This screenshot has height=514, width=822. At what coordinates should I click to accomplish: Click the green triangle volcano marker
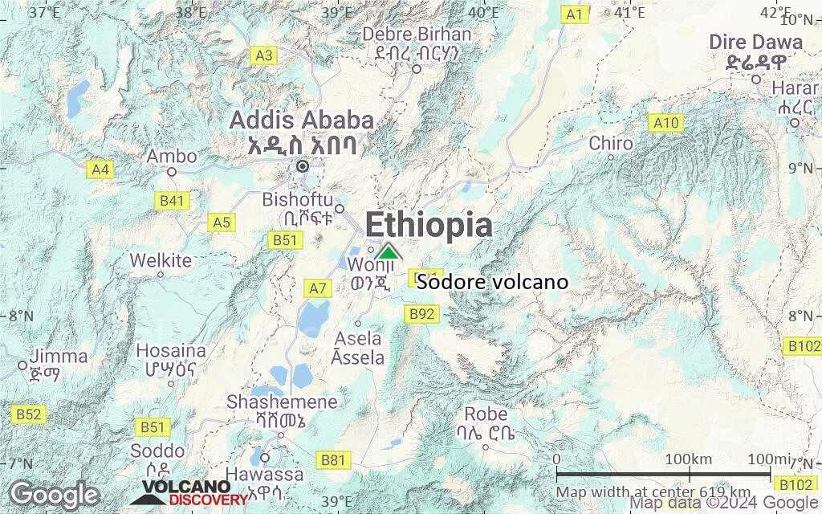(388, 251)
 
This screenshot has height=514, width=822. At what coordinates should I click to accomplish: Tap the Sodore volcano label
(493, 282)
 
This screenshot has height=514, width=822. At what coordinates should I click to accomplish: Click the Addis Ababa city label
(302, 120)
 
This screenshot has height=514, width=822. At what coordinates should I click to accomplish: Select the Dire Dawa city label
(755, 43)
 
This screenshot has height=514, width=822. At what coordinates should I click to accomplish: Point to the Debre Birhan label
(417, 35)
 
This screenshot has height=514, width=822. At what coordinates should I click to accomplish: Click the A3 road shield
(263, 55)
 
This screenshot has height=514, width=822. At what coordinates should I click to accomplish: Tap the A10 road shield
(665, 123)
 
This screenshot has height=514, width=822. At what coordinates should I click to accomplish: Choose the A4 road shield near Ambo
(100, 169)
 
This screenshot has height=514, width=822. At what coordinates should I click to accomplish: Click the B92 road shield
(423, 314)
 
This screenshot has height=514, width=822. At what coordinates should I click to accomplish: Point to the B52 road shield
(28, 414)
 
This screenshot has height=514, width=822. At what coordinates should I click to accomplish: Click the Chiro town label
(611, 144)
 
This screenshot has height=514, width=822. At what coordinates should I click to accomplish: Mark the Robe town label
(486, 414)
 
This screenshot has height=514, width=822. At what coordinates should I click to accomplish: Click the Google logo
(55, 494)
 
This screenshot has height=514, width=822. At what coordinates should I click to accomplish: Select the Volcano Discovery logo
(186, 492)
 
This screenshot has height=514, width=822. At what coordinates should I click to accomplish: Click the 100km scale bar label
(689, 459)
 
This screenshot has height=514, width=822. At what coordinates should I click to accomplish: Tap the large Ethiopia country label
(429, 225)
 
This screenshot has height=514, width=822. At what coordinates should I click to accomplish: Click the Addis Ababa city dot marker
(303, 166)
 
